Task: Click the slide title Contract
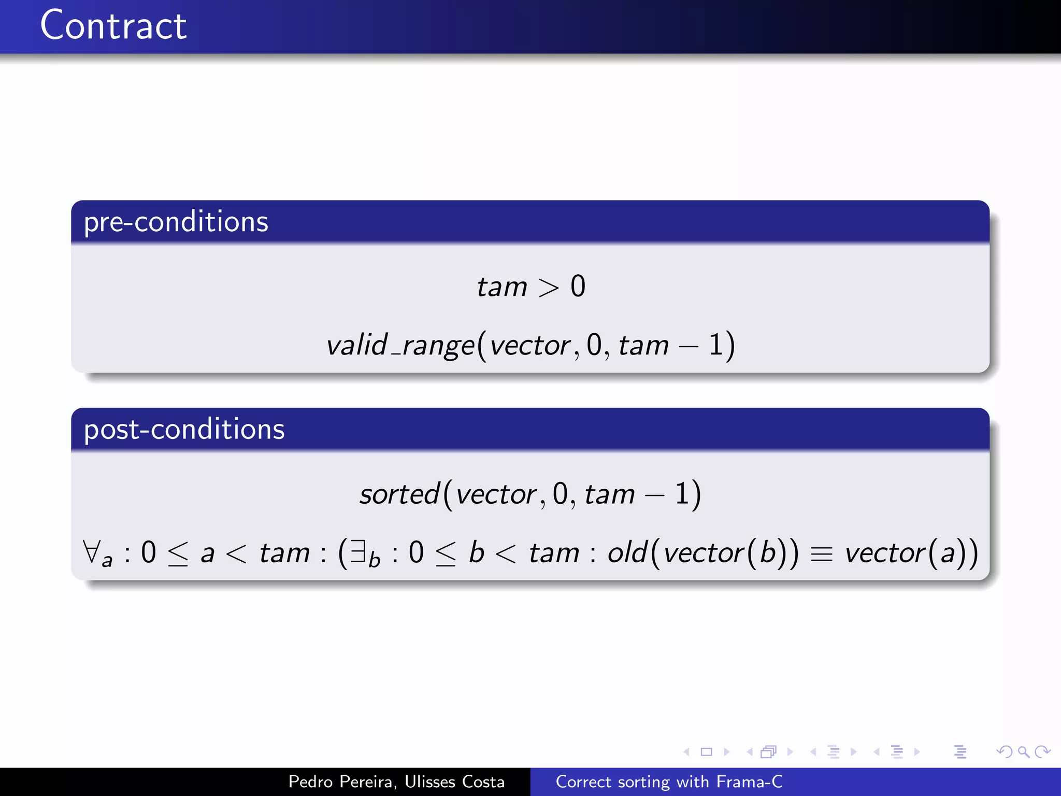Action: [x=113, y=26]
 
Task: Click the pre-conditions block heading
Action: [x=176, y=222]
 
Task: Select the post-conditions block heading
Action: [x=184, y=430]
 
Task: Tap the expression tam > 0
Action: [x=530, y=287]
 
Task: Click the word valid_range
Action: [x=400, y=345]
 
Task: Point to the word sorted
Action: [x=399, y=494]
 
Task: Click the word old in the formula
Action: [x=627, y=552]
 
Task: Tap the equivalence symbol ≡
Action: [x=821, y=554]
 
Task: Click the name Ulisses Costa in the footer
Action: [x=454, y=781]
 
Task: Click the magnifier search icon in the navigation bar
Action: [x=1023, y=751]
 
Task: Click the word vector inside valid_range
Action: [x=530, y=346]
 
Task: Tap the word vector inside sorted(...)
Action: [x=496, y=494]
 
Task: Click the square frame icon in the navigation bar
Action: [x=706, y=751]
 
